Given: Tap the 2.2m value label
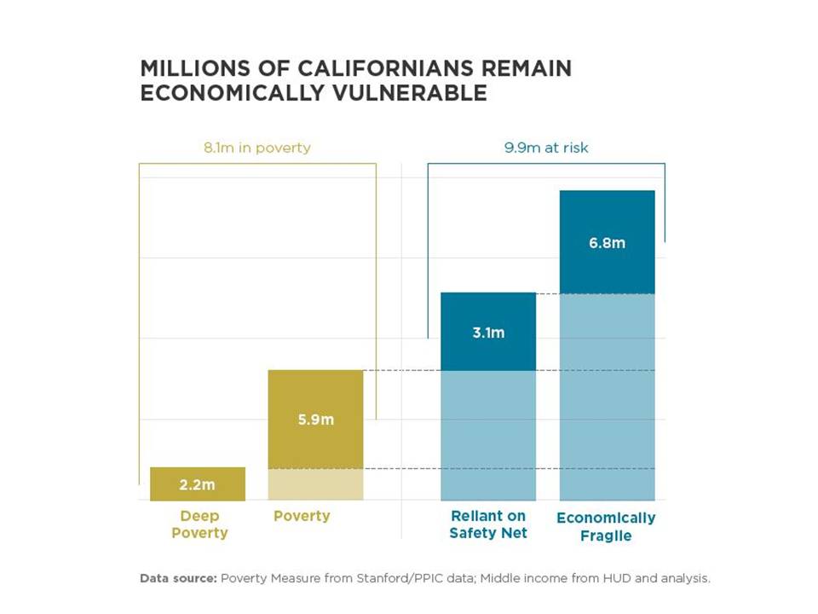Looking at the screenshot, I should point(198,485).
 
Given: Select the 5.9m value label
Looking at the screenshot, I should point(315,420).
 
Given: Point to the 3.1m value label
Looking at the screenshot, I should point(488,333).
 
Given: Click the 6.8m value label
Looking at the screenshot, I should point(607,243).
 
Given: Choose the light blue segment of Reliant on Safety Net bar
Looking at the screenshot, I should point(488,435).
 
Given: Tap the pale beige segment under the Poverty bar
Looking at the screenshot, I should point(315,484).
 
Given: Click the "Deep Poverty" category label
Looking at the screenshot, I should point(199,524).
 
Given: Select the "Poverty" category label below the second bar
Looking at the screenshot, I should point(302,516).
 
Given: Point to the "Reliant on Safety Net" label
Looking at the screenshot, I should point(488,524).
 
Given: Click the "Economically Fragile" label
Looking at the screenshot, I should point(606,526).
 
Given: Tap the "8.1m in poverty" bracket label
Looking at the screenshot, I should point(256,148).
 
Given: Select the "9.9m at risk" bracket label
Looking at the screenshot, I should point(546,148).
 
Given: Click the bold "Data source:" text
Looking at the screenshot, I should point(177,578).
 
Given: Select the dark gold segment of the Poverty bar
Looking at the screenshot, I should point(315,401).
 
